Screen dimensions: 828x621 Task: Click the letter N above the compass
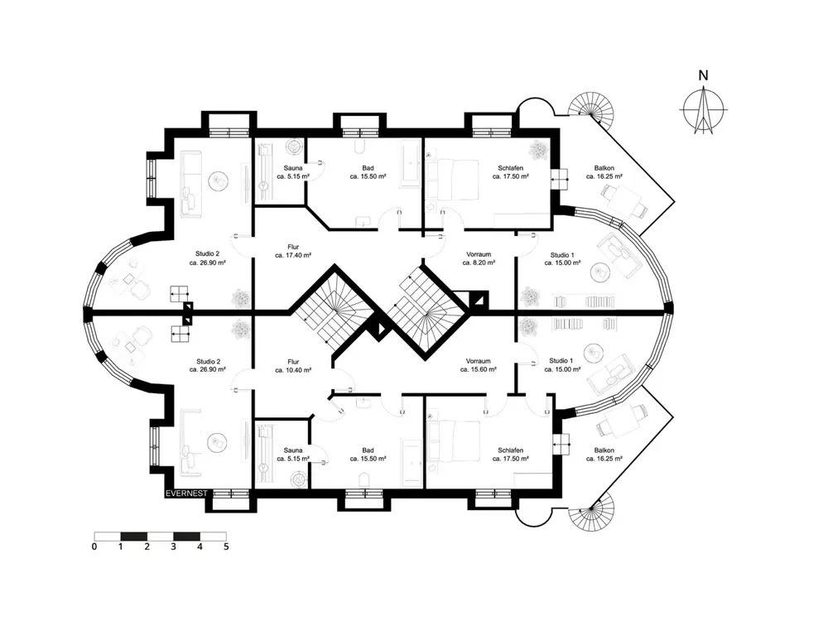point(703,75)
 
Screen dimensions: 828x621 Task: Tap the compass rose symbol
point(703,110)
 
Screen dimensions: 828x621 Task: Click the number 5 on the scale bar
point(226,546)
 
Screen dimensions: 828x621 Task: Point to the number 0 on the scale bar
point(94,546)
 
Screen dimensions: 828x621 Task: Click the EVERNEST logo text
point(186,493)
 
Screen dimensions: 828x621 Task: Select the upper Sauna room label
point(293,172)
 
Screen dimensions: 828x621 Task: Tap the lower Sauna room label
point(293,454)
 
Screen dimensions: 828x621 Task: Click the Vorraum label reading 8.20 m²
point(479,258)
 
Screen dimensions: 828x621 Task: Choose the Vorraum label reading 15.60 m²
point(478,365)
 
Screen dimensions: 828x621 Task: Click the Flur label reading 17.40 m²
point(293,251)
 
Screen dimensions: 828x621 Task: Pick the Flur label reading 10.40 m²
point(293,366)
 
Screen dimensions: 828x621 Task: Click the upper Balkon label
point(604,172)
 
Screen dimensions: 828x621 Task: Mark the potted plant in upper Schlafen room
point(539,150)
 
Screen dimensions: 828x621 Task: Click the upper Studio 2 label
point(208,258)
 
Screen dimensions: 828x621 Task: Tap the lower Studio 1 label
point(562,365)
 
